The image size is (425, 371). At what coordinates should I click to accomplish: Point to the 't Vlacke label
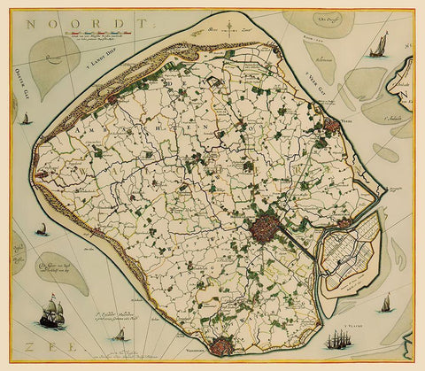point(387,326)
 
